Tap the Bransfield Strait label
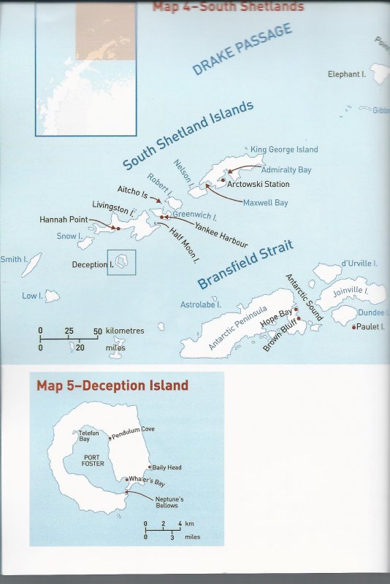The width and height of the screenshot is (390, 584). (245, 264)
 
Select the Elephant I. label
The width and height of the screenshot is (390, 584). (348, 74)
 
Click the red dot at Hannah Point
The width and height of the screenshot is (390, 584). (118, 228)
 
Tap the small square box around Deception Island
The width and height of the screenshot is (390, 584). (121, 262)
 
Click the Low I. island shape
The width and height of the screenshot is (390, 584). (52, 296)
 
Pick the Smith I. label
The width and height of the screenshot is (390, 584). (11, 258)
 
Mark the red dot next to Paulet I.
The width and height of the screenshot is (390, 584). (353, 327)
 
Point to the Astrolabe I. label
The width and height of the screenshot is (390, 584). (201, 303)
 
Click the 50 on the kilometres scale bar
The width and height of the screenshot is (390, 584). (97, 331)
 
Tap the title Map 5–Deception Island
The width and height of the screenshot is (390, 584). (112, 385)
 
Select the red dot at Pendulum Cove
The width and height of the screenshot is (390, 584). (110, 438)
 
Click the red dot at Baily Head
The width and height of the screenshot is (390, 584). (149, 467)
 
